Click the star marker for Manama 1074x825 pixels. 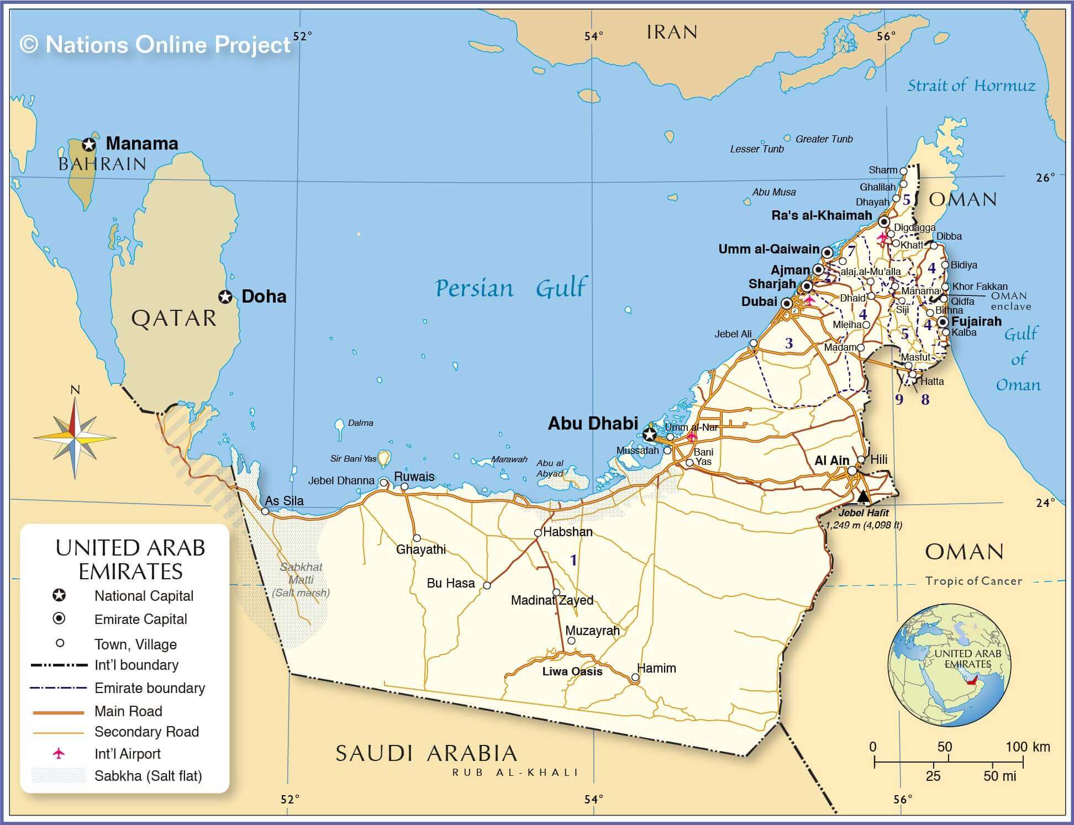pos(89,145)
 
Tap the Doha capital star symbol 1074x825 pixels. pos(225,297)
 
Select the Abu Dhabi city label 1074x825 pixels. pos(593,423)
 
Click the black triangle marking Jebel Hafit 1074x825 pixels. pos(864,496)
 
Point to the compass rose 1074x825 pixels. pos(75,438)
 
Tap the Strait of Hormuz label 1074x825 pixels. pos(972,86)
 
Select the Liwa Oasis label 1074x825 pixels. pos(572,671)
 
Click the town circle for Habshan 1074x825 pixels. pos(538,533)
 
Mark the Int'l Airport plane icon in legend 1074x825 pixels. pos(59,753)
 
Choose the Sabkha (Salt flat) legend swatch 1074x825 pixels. pos(59,775)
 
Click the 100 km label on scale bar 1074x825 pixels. pos(1027,747)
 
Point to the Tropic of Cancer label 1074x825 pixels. pos(973,581)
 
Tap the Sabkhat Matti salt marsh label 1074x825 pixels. pos(301,580)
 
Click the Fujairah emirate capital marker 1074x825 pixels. pos(943,321)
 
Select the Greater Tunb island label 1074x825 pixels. pos(824,139)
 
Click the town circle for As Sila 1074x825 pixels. pos(265,511)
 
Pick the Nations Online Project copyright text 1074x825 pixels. pos(155,45)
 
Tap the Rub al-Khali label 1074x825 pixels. pos(515,773)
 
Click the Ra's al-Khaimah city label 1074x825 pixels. pos(822,215)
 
